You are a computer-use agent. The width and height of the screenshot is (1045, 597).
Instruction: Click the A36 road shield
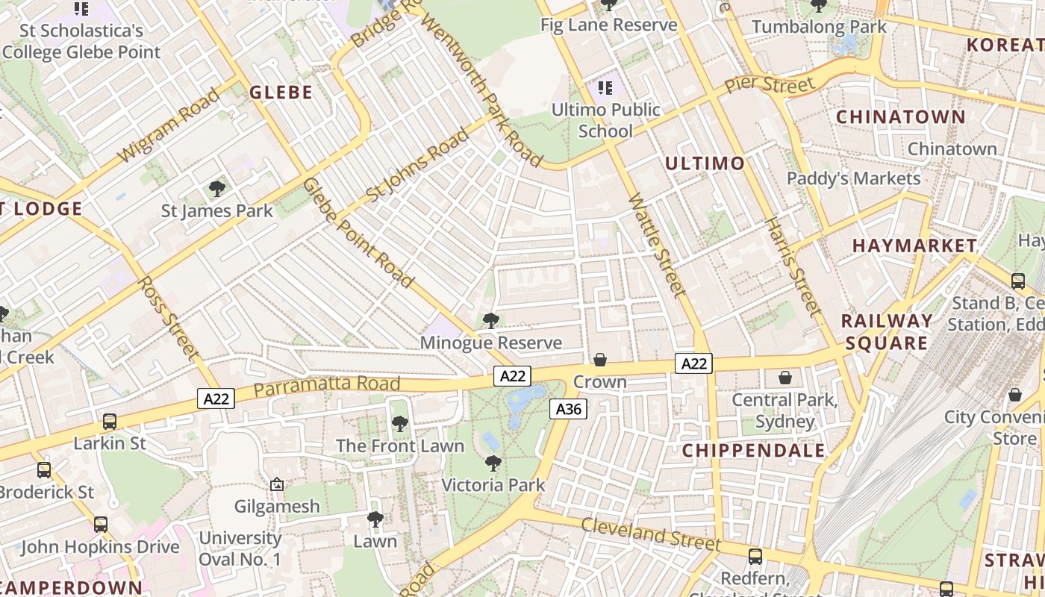click(569, 409)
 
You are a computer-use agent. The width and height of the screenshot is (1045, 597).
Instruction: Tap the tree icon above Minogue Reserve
click(490, 321)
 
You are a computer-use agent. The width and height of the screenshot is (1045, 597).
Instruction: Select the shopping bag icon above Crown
click(600, 360)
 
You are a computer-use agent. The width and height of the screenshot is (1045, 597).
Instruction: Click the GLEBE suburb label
click(281, 93)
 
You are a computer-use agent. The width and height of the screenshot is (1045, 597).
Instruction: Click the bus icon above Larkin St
click(110, 422)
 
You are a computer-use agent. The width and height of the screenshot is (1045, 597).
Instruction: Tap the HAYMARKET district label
click(914, 246)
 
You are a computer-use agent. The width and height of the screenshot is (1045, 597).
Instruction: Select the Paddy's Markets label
click(854, 178)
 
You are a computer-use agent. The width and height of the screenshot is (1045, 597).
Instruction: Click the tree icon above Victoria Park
click(493, 463)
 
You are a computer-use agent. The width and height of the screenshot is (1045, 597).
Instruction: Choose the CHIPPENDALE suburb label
click(754, 451)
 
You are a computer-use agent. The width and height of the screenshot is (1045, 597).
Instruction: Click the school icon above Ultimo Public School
click(605, 89)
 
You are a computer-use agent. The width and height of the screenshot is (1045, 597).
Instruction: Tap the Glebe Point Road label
click(358, 233)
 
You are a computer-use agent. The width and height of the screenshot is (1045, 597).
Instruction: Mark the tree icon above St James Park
click(217, 189)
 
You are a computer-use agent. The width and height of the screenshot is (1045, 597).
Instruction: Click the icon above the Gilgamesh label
click(277, 484)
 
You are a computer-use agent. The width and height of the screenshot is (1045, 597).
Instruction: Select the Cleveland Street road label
click(651, 533)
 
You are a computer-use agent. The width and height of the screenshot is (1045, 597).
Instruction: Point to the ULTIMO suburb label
click(705, 163)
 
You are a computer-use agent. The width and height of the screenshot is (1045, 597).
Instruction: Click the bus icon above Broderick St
click(44, 470)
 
